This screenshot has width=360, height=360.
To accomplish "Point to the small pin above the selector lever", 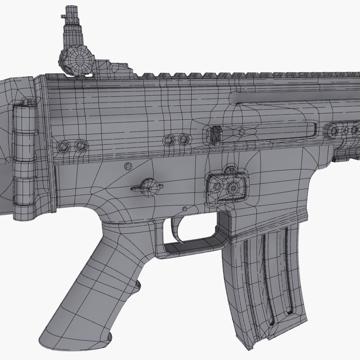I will pyautogui.click(x=127, y=166).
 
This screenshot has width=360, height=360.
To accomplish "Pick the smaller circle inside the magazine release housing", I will pyautogui.click(x=217, y=187).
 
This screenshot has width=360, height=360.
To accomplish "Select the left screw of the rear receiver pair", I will pyautogui.click(x=62, y=146).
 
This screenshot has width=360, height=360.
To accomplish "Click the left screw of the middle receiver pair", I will pyautogui.click(x=170, y=140).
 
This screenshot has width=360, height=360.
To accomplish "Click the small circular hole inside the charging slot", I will pyautogui.click(x=242, y=132).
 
